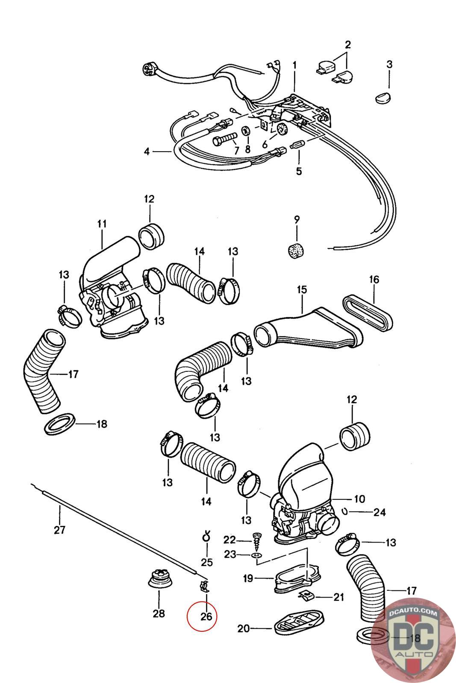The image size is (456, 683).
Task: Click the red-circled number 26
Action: tap(206, 616)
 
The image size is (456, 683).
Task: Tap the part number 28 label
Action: tap(159, 614)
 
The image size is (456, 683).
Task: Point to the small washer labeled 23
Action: tap(256, 555)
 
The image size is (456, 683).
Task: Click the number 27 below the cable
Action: tap(59, 530)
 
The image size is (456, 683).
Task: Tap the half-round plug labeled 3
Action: tap(383, 97)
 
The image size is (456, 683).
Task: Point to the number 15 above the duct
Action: tap(302, 290)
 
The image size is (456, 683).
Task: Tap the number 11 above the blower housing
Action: tap(102, 224)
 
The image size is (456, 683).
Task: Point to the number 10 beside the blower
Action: tap(359, 499)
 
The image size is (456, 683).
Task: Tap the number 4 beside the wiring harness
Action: tap(147, 151)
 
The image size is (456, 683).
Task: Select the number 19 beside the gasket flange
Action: tap(248, 578)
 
